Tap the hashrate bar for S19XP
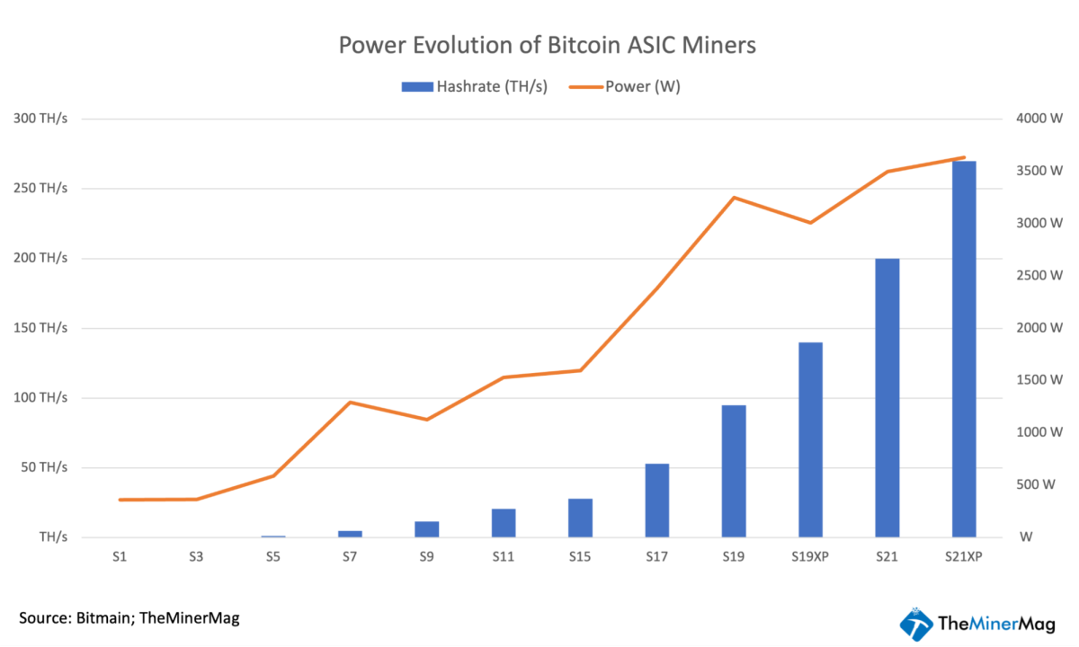pos(810,439)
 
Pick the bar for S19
pos(734,471)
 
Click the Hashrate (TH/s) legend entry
pos(475,87)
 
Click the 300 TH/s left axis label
pos(40,119)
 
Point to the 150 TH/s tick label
pos(40,328)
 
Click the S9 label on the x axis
pos(426,557)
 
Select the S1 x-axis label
pos(120,557)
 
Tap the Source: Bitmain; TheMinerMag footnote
pos(129,618)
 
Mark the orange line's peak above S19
pos(734,198)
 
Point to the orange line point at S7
pos(350,402)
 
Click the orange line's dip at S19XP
pos(810,223)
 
